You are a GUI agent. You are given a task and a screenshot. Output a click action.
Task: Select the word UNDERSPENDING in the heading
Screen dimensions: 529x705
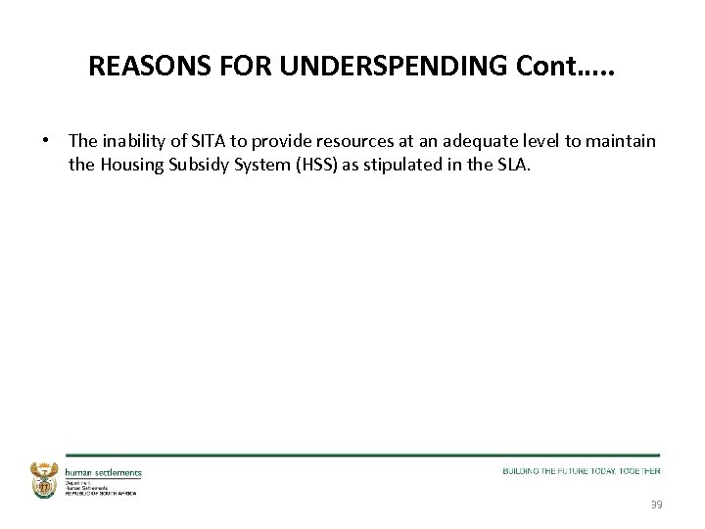tap(357, 66)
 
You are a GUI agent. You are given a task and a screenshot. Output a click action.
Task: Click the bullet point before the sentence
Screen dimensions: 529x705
tap(46, 141)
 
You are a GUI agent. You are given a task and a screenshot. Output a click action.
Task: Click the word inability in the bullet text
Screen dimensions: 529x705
tap(132, 142)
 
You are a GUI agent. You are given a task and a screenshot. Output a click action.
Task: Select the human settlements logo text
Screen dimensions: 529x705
tap(104, 472)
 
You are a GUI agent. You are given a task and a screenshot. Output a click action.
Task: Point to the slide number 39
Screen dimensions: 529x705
tap(655, 505)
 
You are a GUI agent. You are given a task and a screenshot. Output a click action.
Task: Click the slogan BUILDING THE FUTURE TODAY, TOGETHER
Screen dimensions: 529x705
tap(582, 471)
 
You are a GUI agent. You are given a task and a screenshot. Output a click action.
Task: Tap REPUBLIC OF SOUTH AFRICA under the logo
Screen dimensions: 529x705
tap(101, 493)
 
